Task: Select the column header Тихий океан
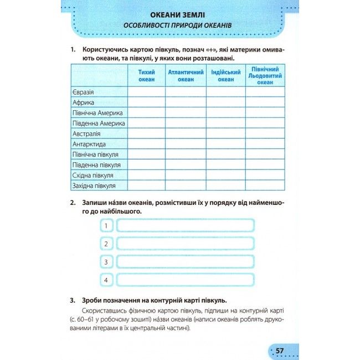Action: pyautogui.click(x=146, y=75)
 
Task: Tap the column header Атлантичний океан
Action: pyautogui.click(x=186, y=75)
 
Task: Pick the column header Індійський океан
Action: pyautogui.click(x=225, y=75)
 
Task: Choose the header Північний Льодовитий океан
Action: pyautogui.click(x=265, y=75)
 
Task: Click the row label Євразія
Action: pyautogui.click(x=84, y=92)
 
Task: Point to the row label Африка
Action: pyautogui.click(x=84, y=102)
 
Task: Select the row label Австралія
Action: pyautogui.click(x=86, y=133)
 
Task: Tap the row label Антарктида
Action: pyautogui.click(x=89, y=144)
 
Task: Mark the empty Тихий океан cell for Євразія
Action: pyautogui.click(x=146, y=92)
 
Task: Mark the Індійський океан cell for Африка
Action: pyautogui.click(x=225, y=102)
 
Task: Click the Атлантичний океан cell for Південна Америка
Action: pyautogui.click(x=186, y=123)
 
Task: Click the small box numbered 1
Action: pyautogui.click(x=106, y=225)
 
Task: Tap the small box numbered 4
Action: pyautogui.click(x=106, y=279)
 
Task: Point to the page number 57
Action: pyautogui.click(x=280, y=351)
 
